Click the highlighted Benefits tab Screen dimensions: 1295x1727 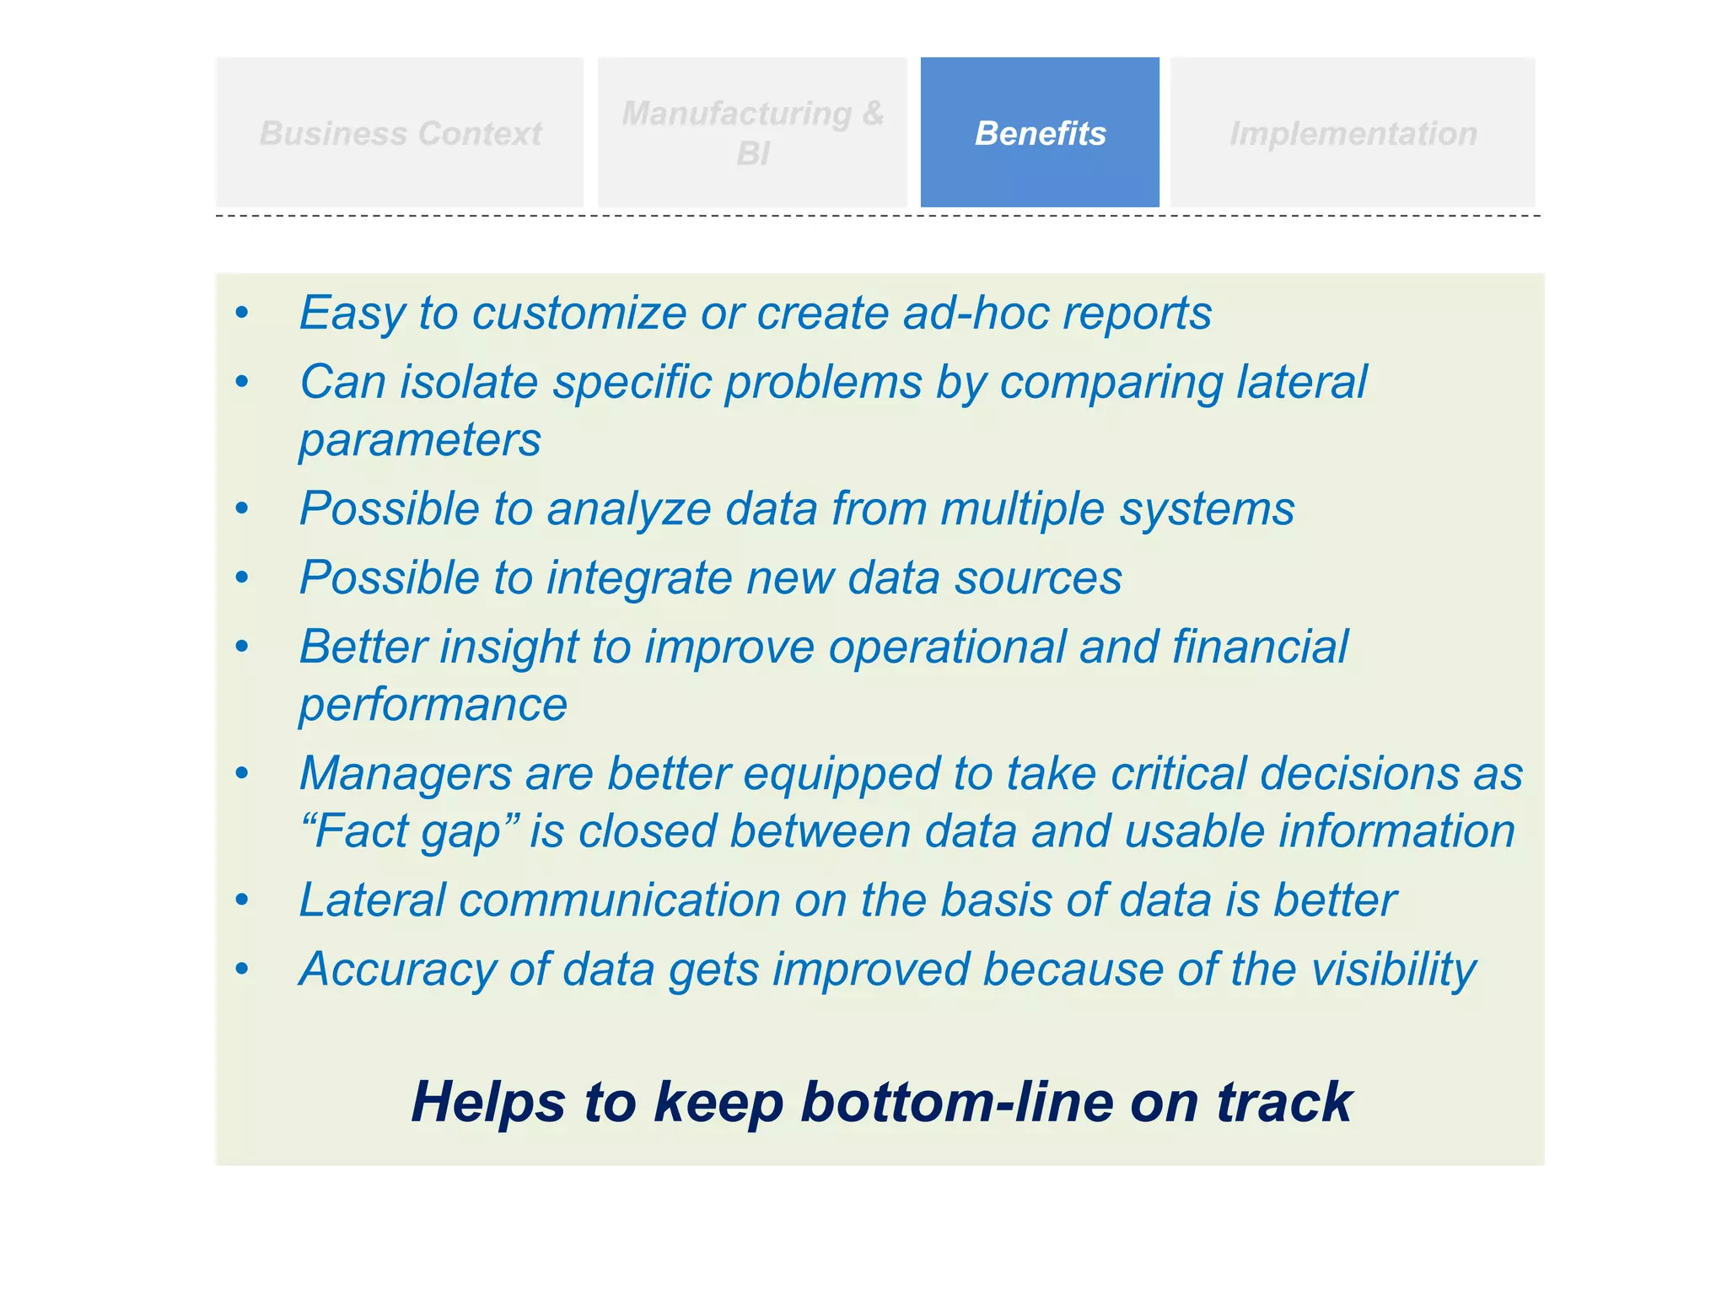tap(1039, 132)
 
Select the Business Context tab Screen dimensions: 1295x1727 tap(400, 132)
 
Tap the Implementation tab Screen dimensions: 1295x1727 tap(1353, 132)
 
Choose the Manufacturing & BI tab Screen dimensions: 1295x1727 tap(752, 132)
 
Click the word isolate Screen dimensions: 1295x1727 tap(468, 383)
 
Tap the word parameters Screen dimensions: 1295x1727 tap(420, 440)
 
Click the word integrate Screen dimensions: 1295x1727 tap(638, 578)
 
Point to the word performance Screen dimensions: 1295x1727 tap(433, 705)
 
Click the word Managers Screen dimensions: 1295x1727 tap(406, 774)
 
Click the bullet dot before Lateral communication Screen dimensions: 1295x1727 tap(242, 900)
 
